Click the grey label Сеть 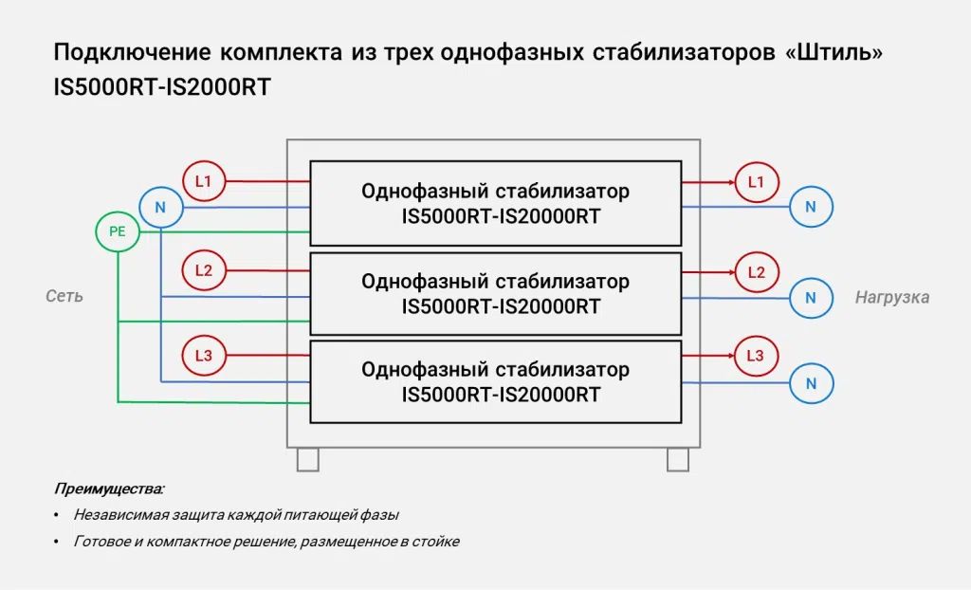[64, 296]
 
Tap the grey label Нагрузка [892, 298]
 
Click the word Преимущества [109, 489]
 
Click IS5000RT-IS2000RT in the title [162, 86]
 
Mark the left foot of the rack [308, 459]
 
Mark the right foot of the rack [678, 459]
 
